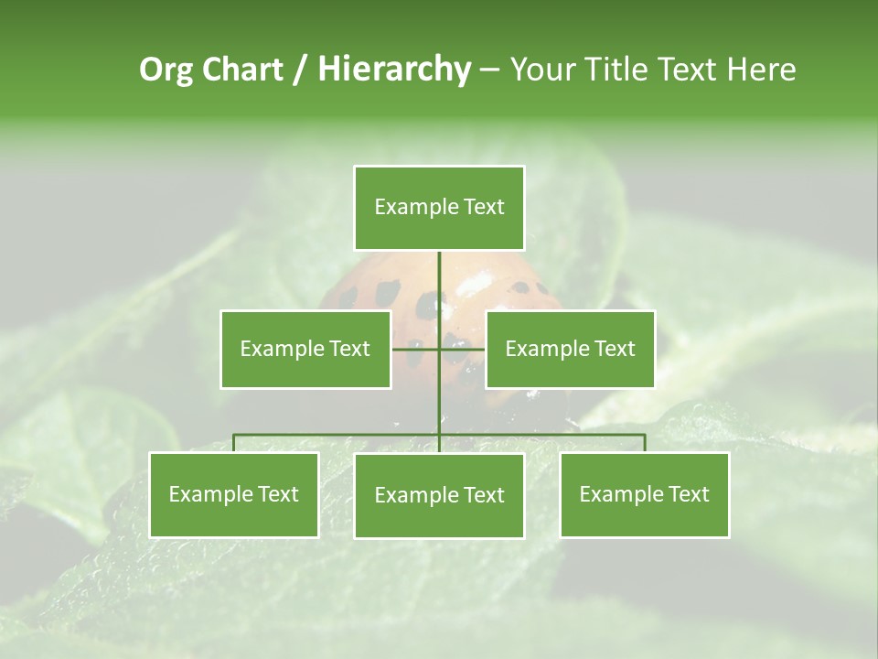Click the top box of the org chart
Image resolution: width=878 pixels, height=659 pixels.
tap(439, 208)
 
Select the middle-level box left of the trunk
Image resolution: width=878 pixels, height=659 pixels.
tap(305, 349)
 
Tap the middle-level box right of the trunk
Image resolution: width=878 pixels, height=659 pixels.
tap(570, 349)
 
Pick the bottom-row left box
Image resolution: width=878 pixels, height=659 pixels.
tap(234, 494)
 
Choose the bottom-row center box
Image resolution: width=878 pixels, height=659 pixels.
tap(439, 495)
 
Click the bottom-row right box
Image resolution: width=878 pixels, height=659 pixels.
tap(644, 494)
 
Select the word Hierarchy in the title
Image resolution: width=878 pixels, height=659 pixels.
tap(393, 70)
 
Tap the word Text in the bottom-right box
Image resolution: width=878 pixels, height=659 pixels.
tap(688, 494)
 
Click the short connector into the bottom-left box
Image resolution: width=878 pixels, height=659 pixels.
tap(234, 443)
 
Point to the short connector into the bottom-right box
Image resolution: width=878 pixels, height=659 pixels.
tap(644, 443)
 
